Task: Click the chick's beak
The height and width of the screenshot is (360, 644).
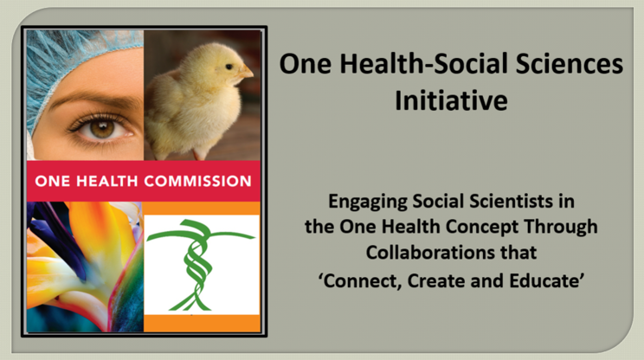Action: click(246, 72)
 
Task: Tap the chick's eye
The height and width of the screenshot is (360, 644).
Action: click(229, 67)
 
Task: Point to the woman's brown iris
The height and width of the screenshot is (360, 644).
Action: click(102, 129)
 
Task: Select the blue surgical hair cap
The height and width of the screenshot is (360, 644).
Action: click(70, 57)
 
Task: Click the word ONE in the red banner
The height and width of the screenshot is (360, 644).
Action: click(53, 181)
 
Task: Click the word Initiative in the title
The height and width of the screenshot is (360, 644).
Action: click(451, 100)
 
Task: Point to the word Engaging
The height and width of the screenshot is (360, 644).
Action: click(368, 202)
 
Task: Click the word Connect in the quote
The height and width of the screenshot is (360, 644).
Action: click(361, 281)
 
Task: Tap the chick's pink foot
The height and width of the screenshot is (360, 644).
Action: click(200, 154)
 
